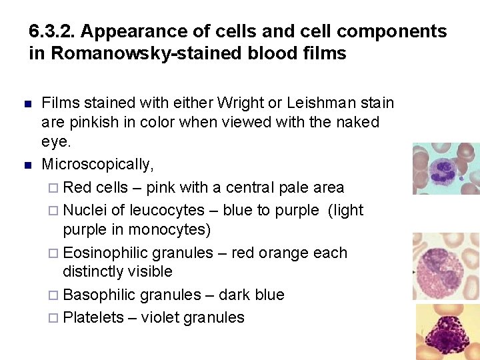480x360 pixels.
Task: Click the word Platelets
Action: point(93,317)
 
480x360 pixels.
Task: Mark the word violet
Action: point(159,317)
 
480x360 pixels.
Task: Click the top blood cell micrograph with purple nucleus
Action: point(445,169)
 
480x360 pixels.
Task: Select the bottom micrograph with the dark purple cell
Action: point(447,332)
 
